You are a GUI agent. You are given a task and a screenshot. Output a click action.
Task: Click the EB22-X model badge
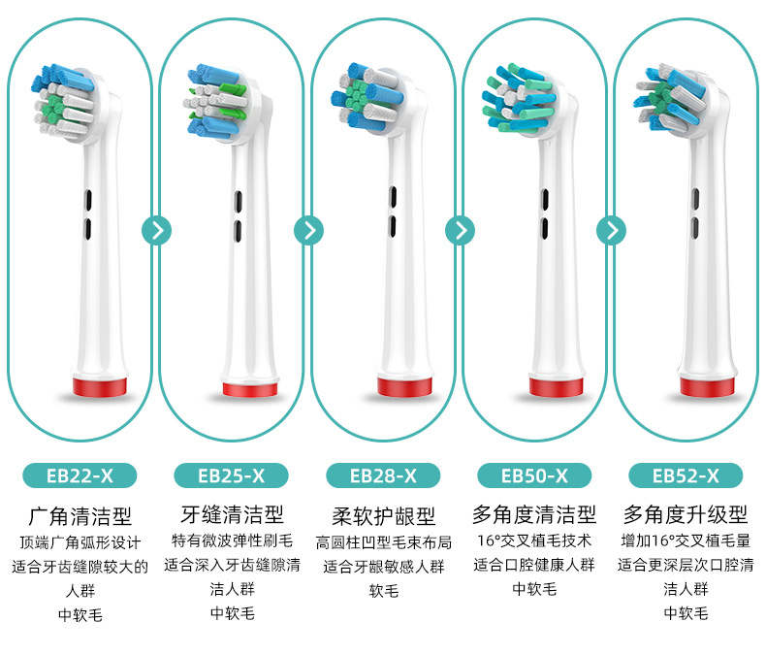[x=80, y=475]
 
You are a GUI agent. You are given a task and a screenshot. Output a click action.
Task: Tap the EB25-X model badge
[x=231, y=475]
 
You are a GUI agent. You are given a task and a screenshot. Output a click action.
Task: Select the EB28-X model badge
[x=383, y=475]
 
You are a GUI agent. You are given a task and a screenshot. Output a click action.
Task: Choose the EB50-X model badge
[x=534, y=475]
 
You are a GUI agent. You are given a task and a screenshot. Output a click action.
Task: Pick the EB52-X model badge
[x=686, y=475]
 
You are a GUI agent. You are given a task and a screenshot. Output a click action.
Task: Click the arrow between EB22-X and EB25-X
[x=157, y=230]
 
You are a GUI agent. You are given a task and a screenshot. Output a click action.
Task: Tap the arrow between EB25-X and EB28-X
[x=308, y=230]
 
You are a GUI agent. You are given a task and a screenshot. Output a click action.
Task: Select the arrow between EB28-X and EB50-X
[x=461, y=230]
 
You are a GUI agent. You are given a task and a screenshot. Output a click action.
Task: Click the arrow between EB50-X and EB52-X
[x=612, y=230]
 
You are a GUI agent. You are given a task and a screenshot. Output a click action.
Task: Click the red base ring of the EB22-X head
[x=100, y=386]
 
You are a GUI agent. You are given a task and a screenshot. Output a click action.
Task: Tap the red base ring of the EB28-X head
[x=404, y=386]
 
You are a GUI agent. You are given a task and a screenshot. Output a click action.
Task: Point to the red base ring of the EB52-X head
[x=707, y=386]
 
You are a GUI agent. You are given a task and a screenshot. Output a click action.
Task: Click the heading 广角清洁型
[x=80, y=515]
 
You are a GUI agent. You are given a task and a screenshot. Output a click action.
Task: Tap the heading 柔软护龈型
[x=384, y=515]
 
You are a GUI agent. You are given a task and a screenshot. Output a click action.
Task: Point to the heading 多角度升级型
[x=686, y=514]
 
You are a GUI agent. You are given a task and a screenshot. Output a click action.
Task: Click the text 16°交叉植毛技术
[x=534, y=540]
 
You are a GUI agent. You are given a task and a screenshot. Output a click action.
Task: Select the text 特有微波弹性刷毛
[x=232, y=540]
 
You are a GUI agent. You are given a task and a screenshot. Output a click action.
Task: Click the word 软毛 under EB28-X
[x=384, y=591]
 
